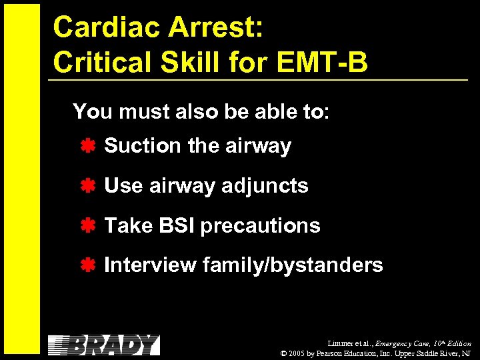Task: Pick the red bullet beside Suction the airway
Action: [87, 145]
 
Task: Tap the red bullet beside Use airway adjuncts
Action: [87, 185]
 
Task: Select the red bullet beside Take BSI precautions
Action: [87, 225]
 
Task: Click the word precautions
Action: [261, 226]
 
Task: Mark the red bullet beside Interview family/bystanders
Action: [87, 265]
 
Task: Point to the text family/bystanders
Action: [293, 265]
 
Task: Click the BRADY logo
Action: [104, 345]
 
